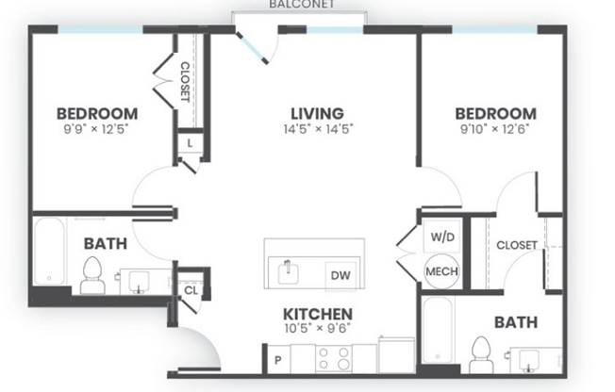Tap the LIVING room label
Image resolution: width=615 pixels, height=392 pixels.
[316, 113]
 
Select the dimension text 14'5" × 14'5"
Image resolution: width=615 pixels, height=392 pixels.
[316, 129]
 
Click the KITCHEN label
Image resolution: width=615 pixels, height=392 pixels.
[318, 314]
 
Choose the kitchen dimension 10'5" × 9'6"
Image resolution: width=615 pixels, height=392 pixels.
[318, 330]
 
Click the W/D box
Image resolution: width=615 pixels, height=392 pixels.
[441, 237]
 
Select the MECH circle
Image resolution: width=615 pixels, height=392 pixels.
[441, 271]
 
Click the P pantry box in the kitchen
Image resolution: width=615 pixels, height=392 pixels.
[277, 359]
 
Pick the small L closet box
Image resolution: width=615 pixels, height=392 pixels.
[190, 144]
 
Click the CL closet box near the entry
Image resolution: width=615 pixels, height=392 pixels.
[191, 290]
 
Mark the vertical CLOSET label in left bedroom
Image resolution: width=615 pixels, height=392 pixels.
[186, 82]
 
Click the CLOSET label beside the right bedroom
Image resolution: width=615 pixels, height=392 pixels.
[518, 245]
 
